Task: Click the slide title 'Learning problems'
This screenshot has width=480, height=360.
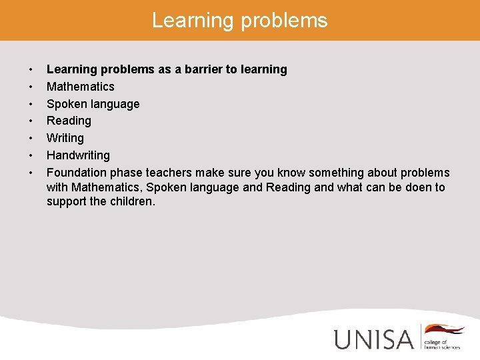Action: (x=240, y=20)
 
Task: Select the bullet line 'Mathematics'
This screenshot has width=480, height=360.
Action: (x=80, y=87)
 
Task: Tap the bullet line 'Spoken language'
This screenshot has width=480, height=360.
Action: (x=93, y=104)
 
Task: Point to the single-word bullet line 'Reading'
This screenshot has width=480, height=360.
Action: (x=69, y=121)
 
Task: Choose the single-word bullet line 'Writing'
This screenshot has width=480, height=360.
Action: (x=65, y=138)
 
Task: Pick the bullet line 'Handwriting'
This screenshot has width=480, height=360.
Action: (x=78, y=155)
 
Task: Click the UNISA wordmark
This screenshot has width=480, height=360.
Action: (x=374, y=339)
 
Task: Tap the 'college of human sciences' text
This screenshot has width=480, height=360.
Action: (x=441, y=343)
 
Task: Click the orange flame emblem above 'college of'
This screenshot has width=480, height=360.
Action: (x=444, y=329)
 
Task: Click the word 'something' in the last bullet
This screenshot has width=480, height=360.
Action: (x=311, y=173)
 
